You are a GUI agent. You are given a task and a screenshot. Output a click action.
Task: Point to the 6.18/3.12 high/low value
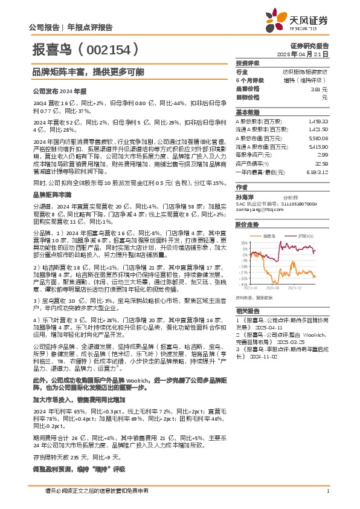(318, 172)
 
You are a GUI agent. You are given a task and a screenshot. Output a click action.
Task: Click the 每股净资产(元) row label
(253, 155)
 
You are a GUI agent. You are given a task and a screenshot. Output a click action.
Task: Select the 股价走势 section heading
(248, 224)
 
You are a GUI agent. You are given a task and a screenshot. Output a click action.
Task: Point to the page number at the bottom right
(327, 491)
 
